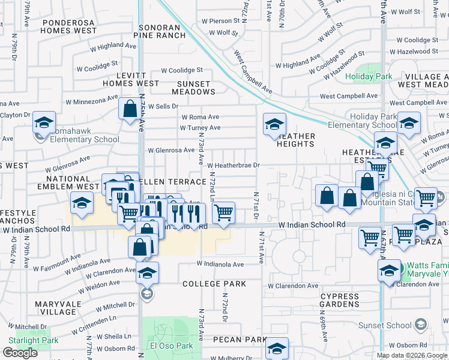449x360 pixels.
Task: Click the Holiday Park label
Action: [x=369, y=76]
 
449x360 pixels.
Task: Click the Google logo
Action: [x=20, y=353]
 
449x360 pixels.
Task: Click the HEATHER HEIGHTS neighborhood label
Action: [x=296, y=140]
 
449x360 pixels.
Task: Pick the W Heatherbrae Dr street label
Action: [x=234, y=165]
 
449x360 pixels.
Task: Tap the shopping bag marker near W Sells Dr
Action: [x=130, y=109]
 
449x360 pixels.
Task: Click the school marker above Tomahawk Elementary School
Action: [x=43, y=123]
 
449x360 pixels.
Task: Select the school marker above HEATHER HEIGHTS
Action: [x=274, y=124]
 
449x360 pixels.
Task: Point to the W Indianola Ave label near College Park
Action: [x=220, y=264]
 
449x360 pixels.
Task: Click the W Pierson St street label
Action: [x=220, y=20]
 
